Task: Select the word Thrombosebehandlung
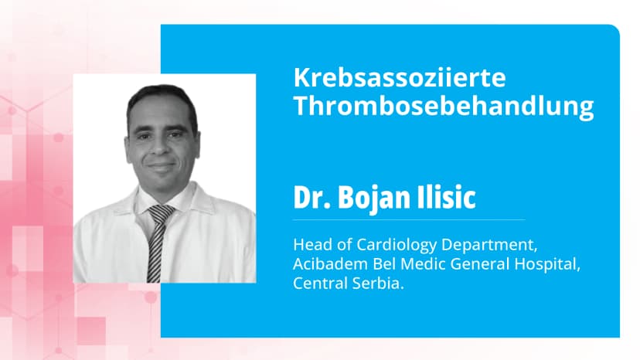[x=443, y=107]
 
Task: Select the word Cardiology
[x=390, y=246]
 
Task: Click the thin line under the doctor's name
[x=409, y=219]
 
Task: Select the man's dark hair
[x=162, y=98]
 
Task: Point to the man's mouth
[x=162, y=167]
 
